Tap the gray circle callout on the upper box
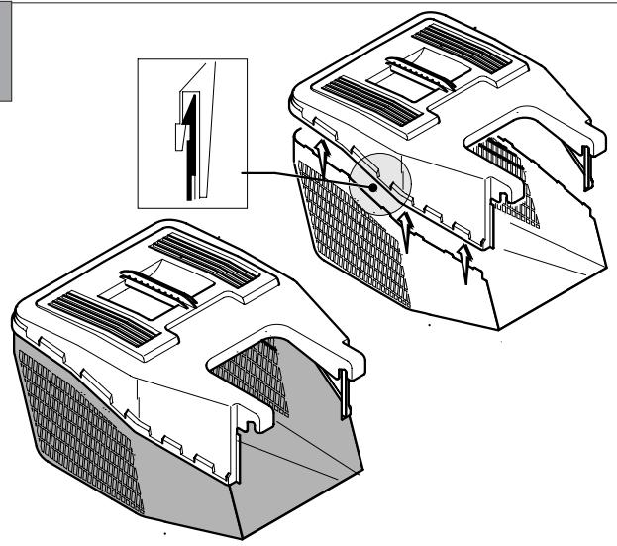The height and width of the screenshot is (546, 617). click(x=380, y=183)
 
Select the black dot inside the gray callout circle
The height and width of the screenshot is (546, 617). click(x=371, y=183)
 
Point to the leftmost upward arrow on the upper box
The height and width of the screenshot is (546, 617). click(x=322, y=155)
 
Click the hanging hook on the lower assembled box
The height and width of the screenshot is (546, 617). click(x=346, y=387)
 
